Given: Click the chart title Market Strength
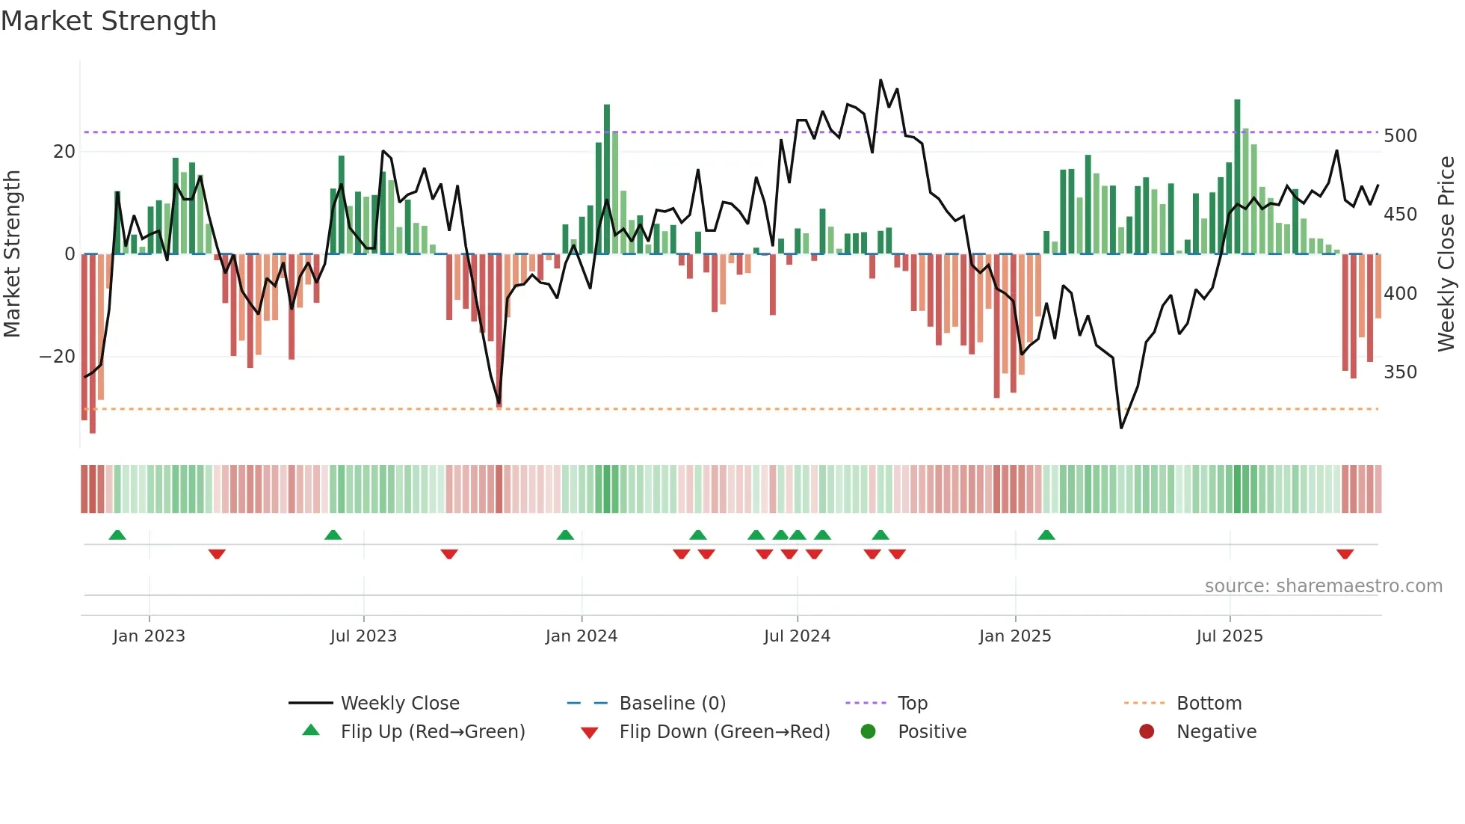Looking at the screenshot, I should coord(108,21).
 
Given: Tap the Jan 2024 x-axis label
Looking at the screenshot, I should coord(582,636).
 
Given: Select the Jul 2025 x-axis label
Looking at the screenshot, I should coord(1230,636).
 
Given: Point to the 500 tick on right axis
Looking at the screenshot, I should coord(1400,136).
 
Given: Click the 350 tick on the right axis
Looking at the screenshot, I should coord(1400,372).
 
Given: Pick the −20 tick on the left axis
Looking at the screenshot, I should coord(58,357).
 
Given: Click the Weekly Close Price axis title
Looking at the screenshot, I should coord(1446,254).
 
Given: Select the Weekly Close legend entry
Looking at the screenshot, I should coord(400,704).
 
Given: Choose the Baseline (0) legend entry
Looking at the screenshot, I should coord(672,704).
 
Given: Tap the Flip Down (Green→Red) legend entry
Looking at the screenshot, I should coord(724,732).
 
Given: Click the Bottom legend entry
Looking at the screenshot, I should coord(1209,704).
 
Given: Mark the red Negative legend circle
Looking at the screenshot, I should coord(1147,731).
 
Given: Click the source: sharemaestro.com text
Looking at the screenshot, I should coord(1323,586).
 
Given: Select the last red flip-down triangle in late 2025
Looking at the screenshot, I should coord(1345,554).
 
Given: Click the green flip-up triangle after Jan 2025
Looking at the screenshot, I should coord(1046,535).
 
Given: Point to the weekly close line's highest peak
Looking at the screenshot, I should coord(880,80).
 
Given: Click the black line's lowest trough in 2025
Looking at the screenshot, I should coord(1121,428).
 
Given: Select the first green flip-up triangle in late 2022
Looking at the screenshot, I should coord(117,535).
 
